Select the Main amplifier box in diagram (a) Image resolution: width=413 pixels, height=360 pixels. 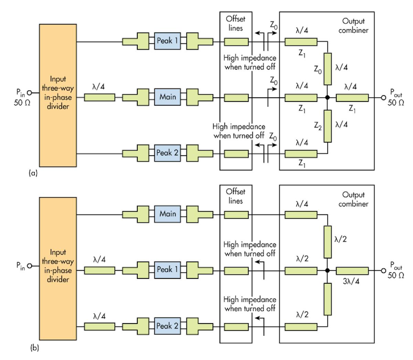pos(167,97)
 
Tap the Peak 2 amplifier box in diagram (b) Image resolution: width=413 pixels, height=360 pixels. pos(167,326)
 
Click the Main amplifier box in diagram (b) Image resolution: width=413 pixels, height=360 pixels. pos(167,214)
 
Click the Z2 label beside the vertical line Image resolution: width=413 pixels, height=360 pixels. pos(318,126)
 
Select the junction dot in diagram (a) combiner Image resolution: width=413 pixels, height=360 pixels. pos(327,98)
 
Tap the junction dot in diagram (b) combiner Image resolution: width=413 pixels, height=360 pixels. pos(327,271)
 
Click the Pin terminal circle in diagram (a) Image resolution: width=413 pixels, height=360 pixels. pos(29,93)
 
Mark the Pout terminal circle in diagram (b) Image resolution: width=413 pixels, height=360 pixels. pos(383,271)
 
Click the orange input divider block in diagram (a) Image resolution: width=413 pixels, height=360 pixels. pos(58,95)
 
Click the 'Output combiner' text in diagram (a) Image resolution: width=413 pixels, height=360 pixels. pos(353,26)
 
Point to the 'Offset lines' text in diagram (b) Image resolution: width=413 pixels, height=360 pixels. pos(235,196)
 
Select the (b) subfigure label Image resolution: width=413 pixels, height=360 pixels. pos(34,348)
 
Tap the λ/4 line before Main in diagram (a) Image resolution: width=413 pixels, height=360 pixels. pos(99,98)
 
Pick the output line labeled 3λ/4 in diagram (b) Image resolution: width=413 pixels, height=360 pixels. pos(352,271)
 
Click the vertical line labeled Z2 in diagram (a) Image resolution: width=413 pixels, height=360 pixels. pos(328,126)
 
